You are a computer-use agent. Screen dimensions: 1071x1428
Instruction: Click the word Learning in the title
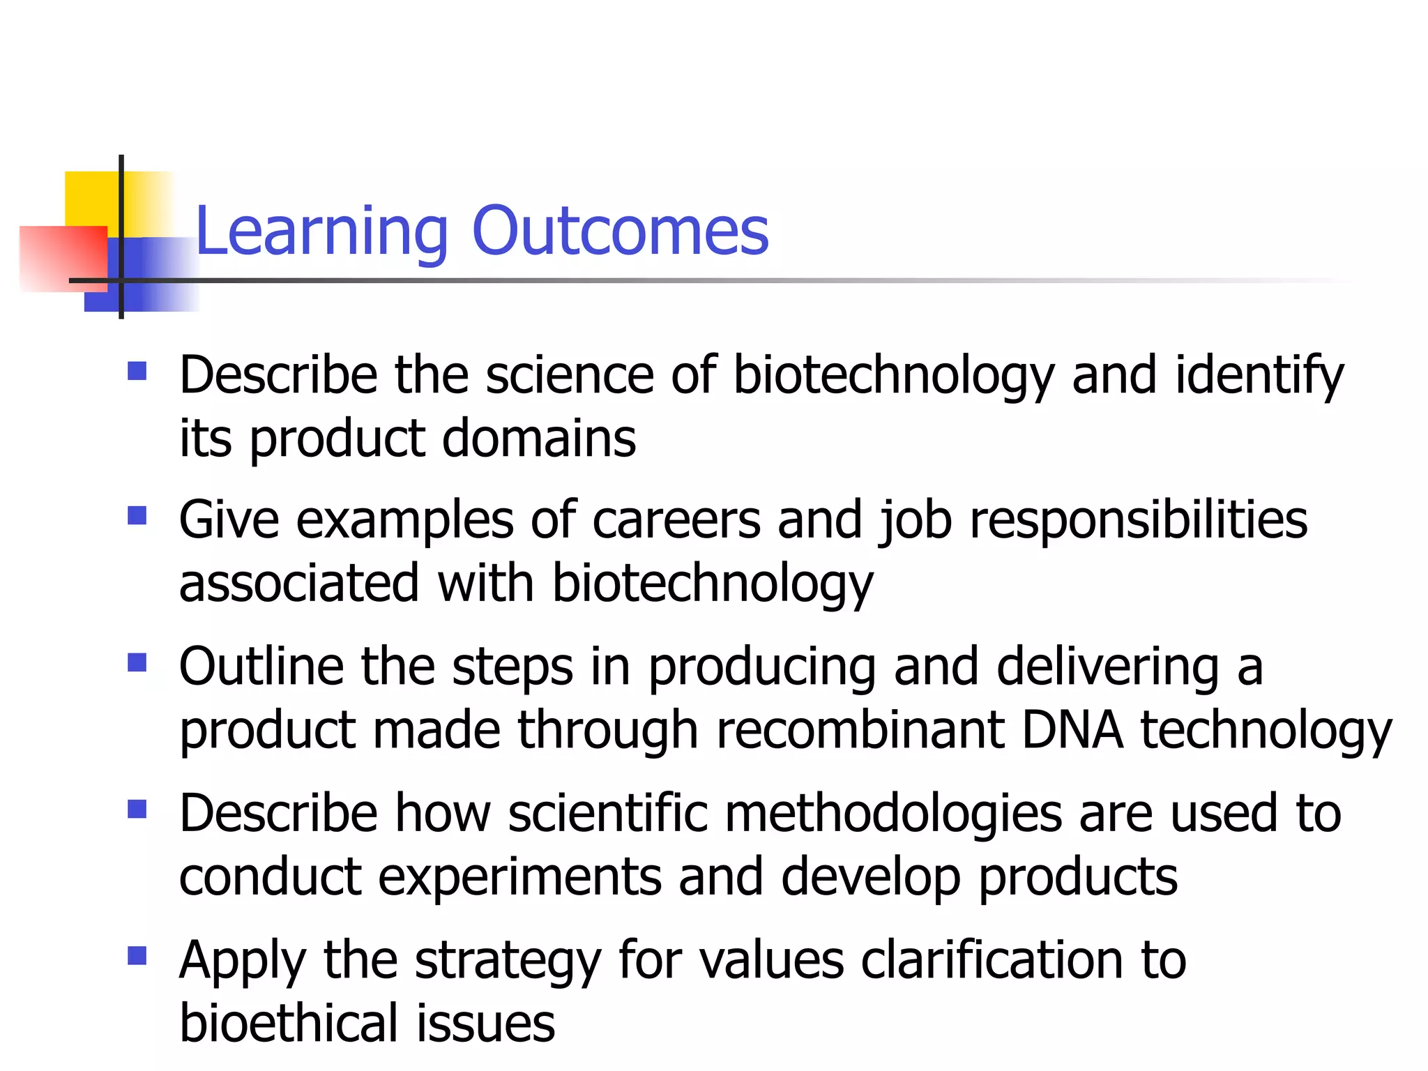[321, 233]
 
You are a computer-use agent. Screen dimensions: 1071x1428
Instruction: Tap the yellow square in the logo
[91, 198]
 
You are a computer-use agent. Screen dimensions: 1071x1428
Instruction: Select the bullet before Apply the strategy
[137, 955]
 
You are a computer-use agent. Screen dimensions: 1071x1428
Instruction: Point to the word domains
[539, 439]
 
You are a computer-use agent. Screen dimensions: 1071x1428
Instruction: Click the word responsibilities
[1138, 522]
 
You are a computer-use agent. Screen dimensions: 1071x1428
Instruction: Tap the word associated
[299, 584]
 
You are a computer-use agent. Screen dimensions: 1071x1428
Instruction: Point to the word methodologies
[893, 814]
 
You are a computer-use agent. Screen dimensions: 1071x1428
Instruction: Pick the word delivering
[1107, 668]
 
